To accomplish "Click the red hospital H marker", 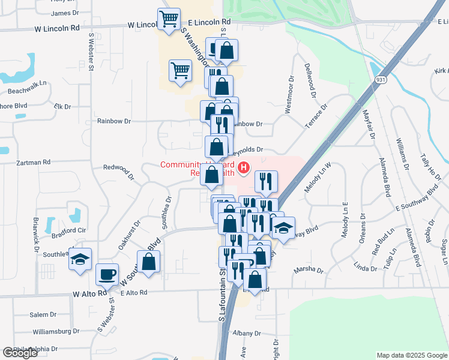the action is point(244,168).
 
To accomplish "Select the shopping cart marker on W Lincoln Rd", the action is point(169,18).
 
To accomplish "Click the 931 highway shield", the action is point(381,80).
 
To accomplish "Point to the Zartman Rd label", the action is point(34,162).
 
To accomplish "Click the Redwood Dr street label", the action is point(119,170).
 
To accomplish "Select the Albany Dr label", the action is point(247,333).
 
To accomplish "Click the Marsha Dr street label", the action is point(309,270).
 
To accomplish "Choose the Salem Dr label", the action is point(43,314).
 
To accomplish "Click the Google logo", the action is point(20,353).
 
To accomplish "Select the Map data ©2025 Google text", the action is point(411,355).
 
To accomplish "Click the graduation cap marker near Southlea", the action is point(80,259).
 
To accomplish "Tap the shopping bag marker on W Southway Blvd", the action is point(148,262).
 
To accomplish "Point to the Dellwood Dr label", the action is point(310,80).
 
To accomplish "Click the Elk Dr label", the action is point(62,106).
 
